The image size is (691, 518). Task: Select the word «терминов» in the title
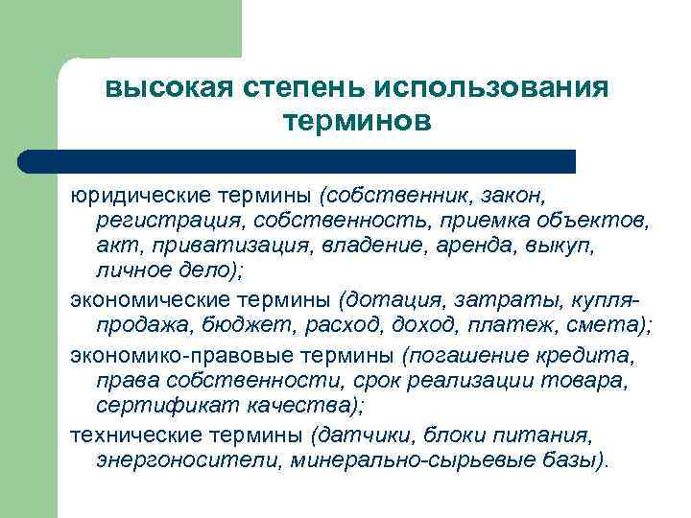coord(358,122)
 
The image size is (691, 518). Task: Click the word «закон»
coord(511,197)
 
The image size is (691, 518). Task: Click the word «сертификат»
coord(157,407)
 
